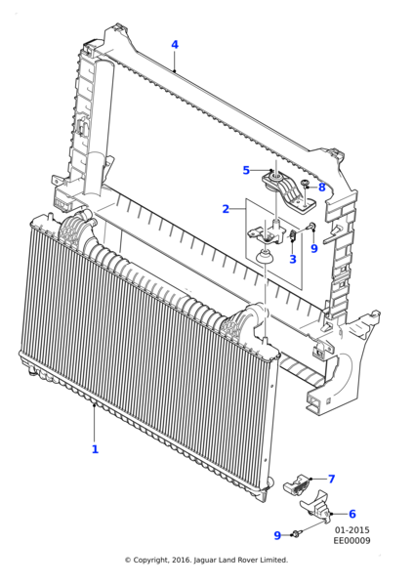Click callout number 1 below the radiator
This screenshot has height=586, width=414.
tap(95, 449)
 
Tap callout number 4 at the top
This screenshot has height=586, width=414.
tap(175, 45)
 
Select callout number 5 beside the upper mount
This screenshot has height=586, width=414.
tap(246, 171)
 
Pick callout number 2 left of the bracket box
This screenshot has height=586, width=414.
tap(226, 209)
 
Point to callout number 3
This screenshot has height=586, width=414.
tap(293, 259)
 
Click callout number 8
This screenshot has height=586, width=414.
tap(321, 187)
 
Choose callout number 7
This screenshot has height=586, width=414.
tap(331, 479)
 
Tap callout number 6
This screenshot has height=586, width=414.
tap(352, 514)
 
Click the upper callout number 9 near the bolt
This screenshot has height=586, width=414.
tap(313, 249)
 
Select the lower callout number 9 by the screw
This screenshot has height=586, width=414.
tap(277, 535)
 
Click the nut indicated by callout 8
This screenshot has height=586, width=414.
tap(306, 184)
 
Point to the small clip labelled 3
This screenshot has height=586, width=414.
tap(292, 237)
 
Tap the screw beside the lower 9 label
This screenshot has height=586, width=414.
tap(296, 534)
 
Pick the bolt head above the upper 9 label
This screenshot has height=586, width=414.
tap(310, 229)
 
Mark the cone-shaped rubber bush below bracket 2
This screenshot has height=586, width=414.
tap(263, 256)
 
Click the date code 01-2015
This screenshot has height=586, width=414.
tap(352, 530)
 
